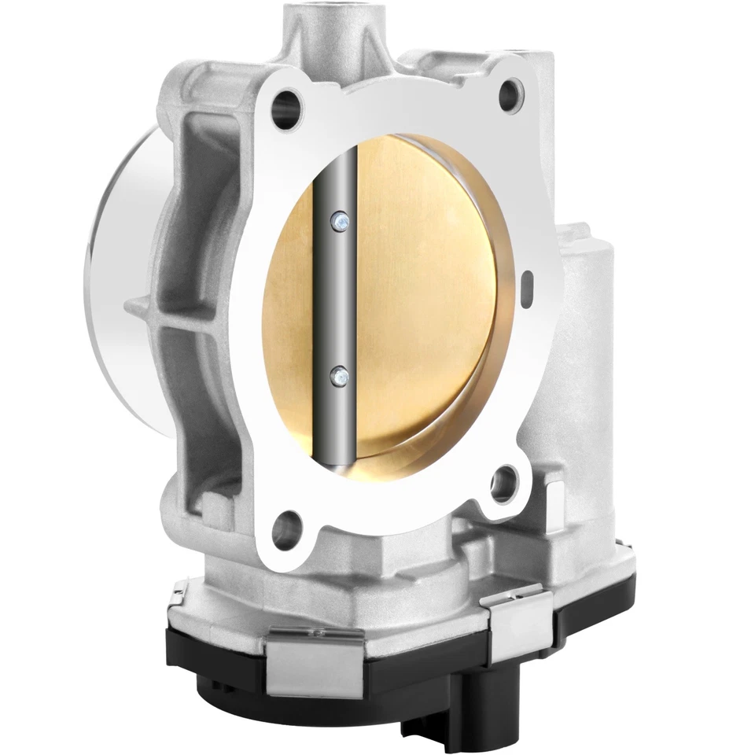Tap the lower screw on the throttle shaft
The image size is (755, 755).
coord(338,376)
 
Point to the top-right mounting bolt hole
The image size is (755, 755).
coord(510,91)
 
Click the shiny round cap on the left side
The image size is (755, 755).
coord(118,260)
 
